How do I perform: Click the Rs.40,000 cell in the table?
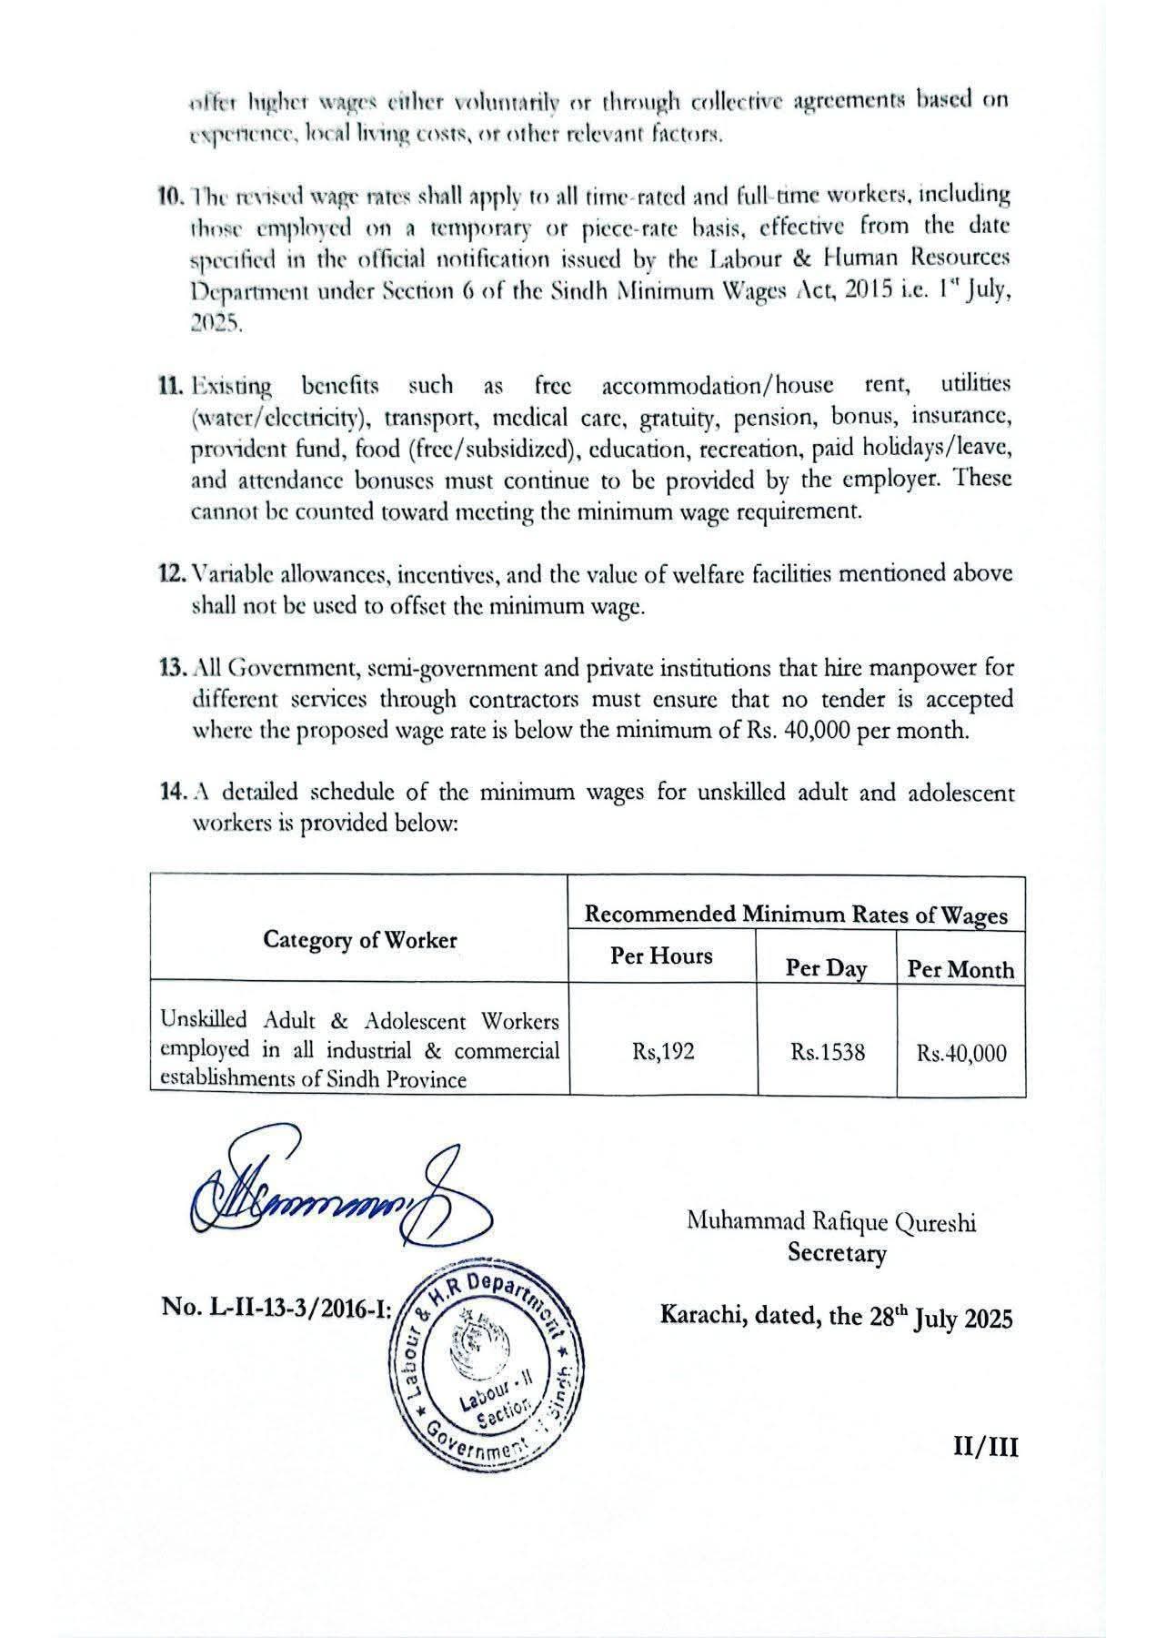point(961,1054)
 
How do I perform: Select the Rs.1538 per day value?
point(828,1053)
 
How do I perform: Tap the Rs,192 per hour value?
point(663,1052)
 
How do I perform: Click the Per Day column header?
point(826,968)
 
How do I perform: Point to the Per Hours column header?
point(661,956)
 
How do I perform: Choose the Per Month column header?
point(960,969)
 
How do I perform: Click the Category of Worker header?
point(359,940)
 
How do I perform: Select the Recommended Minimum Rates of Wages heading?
point(796,915)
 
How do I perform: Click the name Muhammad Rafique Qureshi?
point(831,1222)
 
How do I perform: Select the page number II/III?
point(985,1447)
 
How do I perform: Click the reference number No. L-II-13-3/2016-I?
point(276,1308)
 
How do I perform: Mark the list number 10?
point(169,195)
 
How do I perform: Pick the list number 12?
point(170,575)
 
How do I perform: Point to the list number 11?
point(170,386)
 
